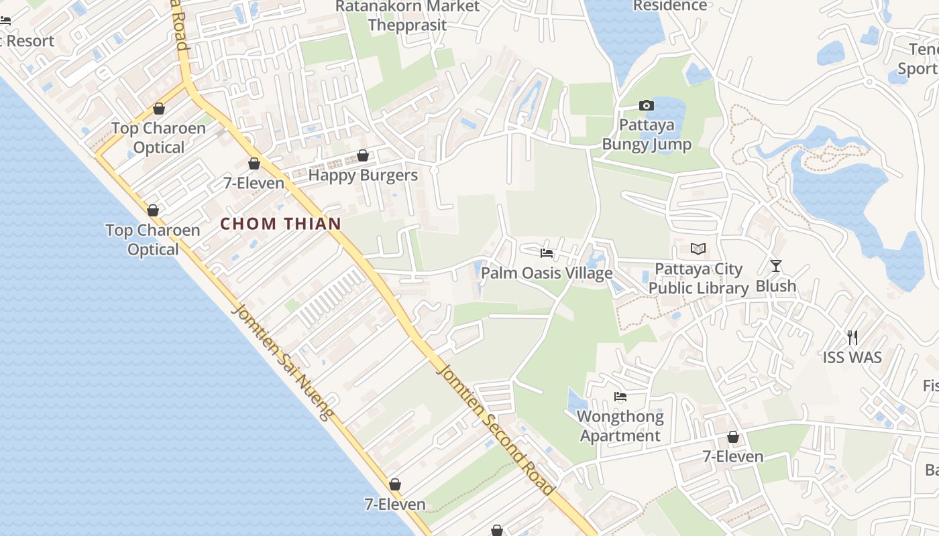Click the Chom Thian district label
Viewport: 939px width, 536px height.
coord(281,224)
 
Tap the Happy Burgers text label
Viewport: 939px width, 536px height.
coord(363,176)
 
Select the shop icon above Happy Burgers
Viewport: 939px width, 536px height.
coord(363,155)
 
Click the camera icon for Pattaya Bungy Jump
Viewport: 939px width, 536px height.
coord(647,105)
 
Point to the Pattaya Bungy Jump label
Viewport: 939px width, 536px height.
coord(647,135)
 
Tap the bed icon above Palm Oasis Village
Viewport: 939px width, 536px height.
coord(547,253)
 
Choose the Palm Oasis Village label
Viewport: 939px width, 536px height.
coord(547,273)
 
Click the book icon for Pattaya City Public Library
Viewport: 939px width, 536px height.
coord(698,249)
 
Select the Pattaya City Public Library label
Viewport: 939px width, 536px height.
coord(698,279)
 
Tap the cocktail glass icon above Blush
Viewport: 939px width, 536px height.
coord(776,266)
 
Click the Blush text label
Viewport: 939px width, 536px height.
coord(776,286)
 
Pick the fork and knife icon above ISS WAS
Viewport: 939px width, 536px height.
coord(852,337)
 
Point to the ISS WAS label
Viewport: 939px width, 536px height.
coord(852,357)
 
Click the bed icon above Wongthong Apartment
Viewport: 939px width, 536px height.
coord(620,397)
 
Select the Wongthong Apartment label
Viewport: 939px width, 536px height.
coord(620,426)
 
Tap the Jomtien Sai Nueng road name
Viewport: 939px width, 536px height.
coord(282,362)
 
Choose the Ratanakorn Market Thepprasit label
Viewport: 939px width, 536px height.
coord(408,15)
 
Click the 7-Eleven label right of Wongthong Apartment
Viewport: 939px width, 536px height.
coord(733,457)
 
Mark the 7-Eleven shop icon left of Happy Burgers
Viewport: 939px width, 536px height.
coord(254,163)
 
